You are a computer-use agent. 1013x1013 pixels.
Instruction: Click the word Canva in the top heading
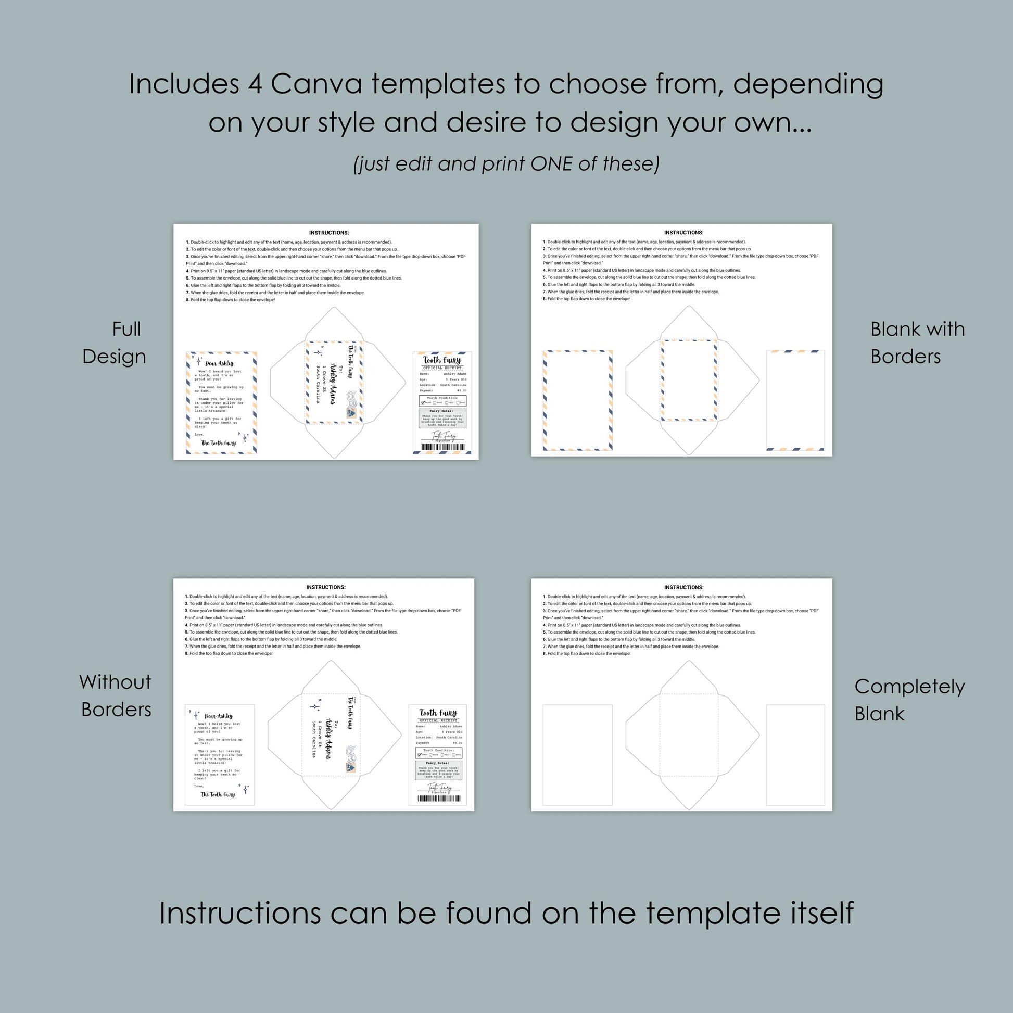316,84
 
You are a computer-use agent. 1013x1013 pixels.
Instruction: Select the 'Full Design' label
115,343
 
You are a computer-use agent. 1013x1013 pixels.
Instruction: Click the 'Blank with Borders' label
917,343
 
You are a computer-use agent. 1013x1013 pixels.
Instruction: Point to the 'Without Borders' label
116,696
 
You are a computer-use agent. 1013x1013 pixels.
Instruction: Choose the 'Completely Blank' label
909,700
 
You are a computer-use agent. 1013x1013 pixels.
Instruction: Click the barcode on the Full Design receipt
442,448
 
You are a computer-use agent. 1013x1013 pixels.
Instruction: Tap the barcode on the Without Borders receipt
439,799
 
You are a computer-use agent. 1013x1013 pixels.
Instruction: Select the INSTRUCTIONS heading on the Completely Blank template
683,587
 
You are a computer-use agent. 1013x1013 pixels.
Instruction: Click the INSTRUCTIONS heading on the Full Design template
329,233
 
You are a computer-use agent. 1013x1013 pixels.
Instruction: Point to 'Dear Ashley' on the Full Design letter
220,363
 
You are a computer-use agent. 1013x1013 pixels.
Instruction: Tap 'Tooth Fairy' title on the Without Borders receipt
438,713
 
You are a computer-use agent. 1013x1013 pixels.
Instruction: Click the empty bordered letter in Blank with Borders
577,400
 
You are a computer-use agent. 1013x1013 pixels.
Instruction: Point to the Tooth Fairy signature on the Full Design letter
219,443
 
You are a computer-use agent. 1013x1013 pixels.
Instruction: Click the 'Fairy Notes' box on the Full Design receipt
442,418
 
